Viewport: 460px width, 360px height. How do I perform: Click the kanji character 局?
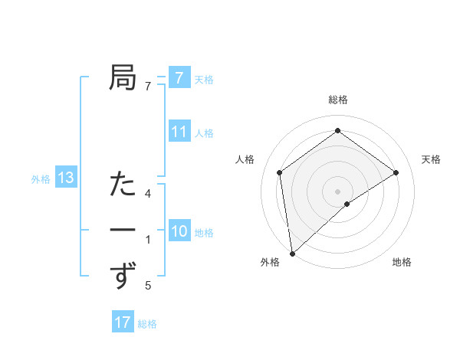tap(123, 77)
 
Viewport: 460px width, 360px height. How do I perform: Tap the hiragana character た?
tap(123, 185)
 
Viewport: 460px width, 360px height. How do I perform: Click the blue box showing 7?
tap(179, 78)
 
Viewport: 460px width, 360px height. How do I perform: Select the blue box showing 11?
tap(179, 132)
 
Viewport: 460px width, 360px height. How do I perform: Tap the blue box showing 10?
tap(179, 231)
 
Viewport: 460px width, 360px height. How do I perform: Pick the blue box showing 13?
tap(65, 178)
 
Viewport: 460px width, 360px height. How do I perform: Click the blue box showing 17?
tap(123, 322)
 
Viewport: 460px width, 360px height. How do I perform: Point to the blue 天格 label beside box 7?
tap(204, 79)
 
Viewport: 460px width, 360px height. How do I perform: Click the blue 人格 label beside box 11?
tap(204, 133)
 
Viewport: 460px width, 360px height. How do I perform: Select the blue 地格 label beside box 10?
tap(204, 232)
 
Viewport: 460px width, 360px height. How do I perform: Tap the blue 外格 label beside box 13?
tap(41, 179)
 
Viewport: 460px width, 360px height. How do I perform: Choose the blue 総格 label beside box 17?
tap(147, 323)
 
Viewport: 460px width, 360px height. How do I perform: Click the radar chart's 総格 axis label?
tap(337, 100)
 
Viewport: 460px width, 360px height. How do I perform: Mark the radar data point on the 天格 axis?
tap(396, 172)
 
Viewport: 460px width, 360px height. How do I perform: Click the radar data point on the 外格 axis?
tap(291, 254)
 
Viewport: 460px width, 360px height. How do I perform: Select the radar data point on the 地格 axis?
tap(347, 204)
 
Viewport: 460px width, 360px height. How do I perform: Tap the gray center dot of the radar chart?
tap(337, 191)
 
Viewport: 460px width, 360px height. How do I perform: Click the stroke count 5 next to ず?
tap(148, 286)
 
